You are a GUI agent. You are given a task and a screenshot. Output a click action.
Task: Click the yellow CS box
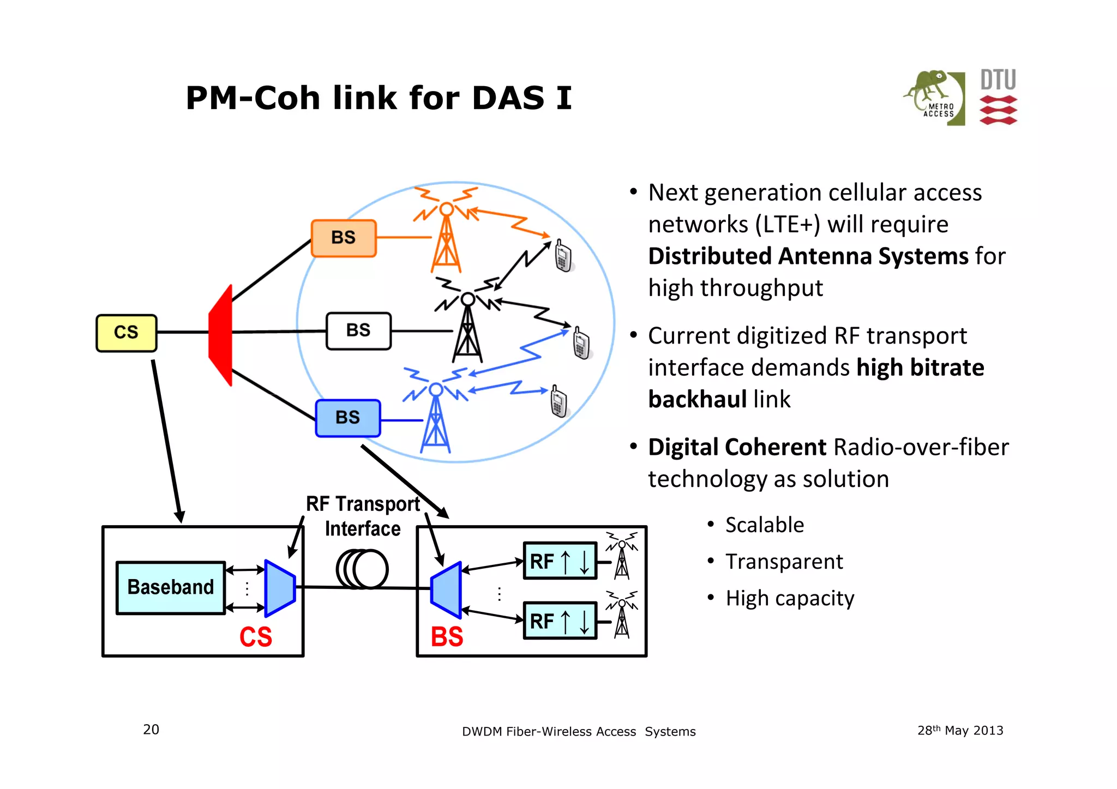pos(126,333)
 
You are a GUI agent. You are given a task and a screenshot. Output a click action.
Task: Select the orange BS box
pos(344,238)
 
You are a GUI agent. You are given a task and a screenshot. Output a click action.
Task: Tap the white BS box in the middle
pos(358,330)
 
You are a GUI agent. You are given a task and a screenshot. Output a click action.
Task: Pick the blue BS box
pos(348,418)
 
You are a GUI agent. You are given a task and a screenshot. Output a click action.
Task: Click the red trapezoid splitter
pos(221,335)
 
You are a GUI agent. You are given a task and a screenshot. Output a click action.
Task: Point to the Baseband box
pos(170,588)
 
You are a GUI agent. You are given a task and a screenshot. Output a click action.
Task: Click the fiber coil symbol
pos(362,569)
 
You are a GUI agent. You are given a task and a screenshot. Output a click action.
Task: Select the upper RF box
pos(560,561)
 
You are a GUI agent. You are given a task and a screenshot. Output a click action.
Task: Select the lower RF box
pos(560,621)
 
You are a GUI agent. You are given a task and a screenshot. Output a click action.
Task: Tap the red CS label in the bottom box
pos(255,637)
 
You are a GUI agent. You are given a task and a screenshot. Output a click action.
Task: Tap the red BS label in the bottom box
pos(447,637)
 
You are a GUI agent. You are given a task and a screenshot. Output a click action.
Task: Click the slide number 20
pos(151,730)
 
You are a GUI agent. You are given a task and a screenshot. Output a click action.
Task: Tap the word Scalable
pos(764,525)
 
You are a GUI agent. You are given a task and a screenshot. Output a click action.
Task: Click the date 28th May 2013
pos(960,731)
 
